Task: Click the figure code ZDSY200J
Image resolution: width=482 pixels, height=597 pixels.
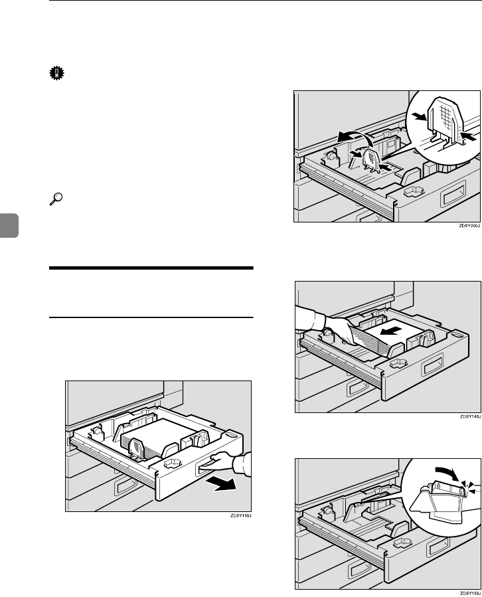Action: pyautogui.click(x=468, y=225)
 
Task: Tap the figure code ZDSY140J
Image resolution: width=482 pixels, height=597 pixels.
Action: pyautogui.click(x=468, y=416)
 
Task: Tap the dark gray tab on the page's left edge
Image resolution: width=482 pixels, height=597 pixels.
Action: pyautogui.click(x=5, y=219)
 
